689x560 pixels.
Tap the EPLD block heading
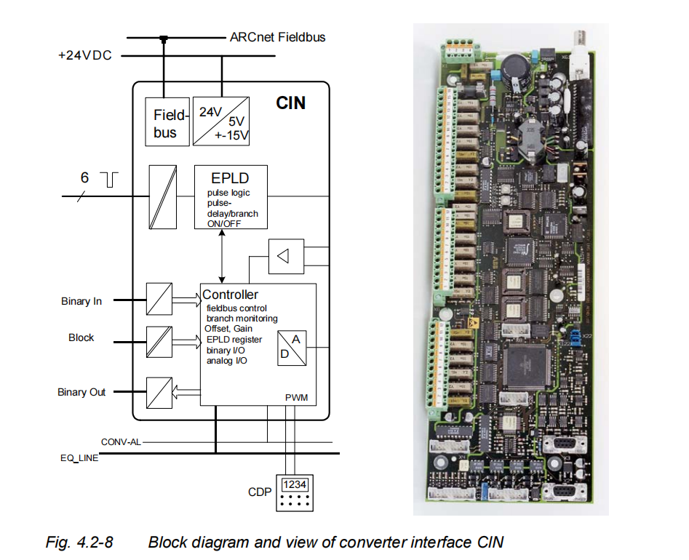[x=230, y=178]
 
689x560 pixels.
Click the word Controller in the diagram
[x=230, y=295]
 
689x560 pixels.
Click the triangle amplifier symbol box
[x=286, y=255]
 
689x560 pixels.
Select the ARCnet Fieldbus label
[x=277, y=36]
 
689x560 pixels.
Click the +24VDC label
[x=85, y=55]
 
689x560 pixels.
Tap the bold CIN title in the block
[x=290, y=103]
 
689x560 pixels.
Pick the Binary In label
[x=81, y=301]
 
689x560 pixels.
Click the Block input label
[x=81, y=337]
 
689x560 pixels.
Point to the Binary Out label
[x=81, y=392]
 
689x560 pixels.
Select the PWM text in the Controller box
[x=295, y=398]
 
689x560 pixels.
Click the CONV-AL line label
[x=121, y=441]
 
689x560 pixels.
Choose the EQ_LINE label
[x=79, y=458]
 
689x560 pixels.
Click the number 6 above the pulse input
[x=84, y=177]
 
